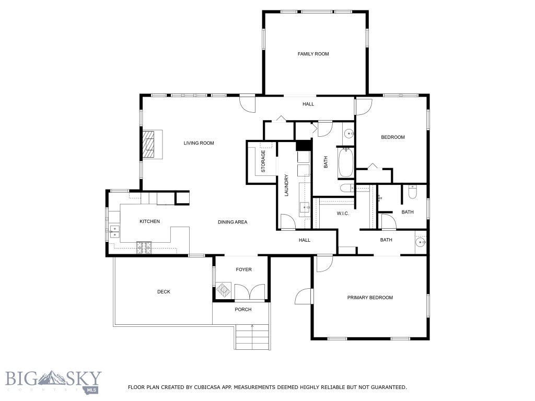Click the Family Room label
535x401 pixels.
point(313,54)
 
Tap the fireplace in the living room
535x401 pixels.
point(152,144)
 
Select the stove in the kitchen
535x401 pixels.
point(144,247)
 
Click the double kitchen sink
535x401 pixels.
point(114,231)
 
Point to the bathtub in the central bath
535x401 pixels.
point(346,163)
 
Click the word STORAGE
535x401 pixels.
point(263,161)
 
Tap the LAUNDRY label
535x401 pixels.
point(286,185)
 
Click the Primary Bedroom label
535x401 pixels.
point(370,298)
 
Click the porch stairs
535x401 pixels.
point(252,338)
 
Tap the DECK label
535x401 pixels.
point(164,292)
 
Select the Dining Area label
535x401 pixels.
point(232,222)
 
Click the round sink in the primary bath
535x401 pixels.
point(421,242)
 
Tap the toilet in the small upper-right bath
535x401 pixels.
point(413,192)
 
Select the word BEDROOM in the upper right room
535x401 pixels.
point(393,137)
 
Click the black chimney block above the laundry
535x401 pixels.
point(304,146)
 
